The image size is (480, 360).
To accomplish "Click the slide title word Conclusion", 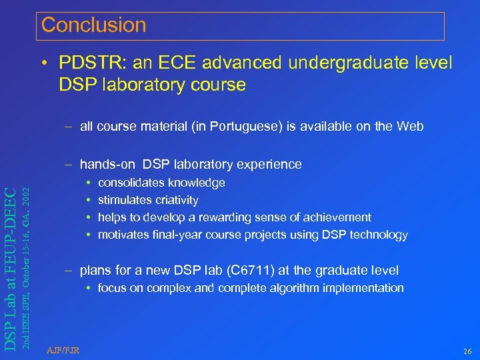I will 93,25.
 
